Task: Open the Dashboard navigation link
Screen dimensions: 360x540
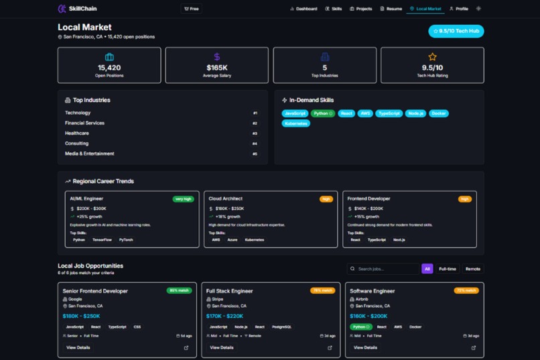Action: pos(303,9)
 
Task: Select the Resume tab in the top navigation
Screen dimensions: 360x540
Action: pos(391,9)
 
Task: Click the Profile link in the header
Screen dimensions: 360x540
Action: pos(459,9)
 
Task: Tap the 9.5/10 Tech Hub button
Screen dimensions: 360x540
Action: pos(456,31)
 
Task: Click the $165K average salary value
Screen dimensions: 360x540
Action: pos(216,68)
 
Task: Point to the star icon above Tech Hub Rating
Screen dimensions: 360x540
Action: pos(432,57)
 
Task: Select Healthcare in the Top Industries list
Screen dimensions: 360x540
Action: pos(77,133)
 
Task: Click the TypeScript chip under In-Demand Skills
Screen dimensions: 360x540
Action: pos(389,113)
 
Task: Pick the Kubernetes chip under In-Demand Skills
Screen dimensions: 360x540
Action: pos(295,123)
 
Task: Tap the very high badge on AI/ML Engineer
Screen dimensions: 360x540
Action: pos(183,199)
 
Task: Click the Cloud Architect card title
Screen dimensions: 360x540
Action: pos(225,198)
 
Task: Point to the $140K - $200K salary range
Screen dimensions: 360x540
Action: pos(368,208)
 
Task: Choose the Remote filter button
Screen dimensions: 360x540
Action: pos(472,269)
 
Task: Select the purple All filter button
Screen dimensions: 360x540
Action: pos(427,269)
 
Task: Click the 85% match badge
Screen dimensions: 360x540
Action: pos(179,291)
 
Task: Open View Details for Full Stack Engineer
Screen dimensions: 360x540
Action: pos(221,347)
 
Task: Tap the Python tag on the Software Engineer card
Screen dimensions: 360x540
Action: pos(360,327)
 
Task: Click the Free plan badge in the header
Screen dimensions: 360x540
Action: pos(192,9)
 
